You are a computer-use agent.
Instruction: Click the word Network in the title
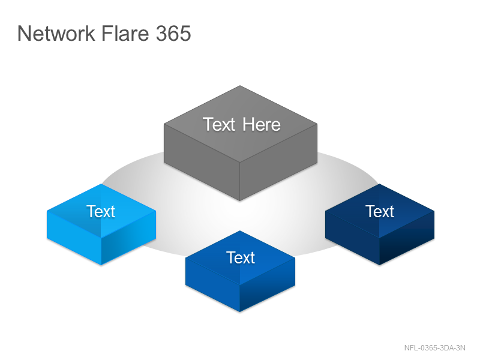56,33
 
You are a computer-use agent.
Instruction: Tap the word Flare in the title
125,33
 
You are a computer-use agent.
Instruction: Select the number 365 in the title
173,33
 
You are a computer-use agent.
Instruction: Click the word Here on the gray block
262,125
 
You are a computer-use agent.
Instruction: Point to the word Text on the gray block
219,125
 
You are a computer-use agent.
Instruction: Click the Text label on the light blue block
101,212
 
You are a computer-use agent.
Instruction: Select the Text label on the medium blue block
241,258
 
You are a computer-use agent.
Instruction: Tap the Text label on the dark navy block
380,212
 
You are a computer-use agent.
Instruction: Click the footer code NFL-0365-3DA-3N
434,348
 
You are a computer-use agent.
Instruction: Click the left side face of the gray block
202,162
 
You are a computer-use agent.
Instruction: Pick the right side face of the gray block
278,162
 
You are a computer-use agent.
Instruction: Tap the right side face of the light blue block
128,238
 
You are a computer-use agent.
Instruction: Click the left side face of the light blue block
74,238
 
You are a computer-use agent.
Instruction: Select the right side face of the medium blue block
268,284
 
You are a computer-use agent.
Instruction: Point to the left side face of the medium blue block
213,284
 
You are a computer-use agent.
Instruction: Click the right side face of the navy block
407,238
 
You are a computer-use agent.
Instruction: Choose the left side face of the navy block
352,238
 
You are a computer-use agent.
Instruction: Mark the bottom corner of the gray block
239,201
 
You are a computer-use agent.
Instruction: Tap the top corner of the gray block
240,86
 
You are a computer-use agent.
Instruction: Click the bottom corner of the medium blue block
239,312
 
